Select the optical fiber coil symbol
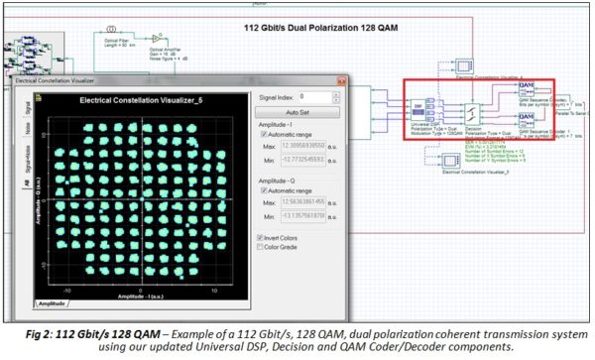(x=112, y=19)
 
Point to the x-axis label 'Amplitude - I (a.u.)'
(x=140, y=297)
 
